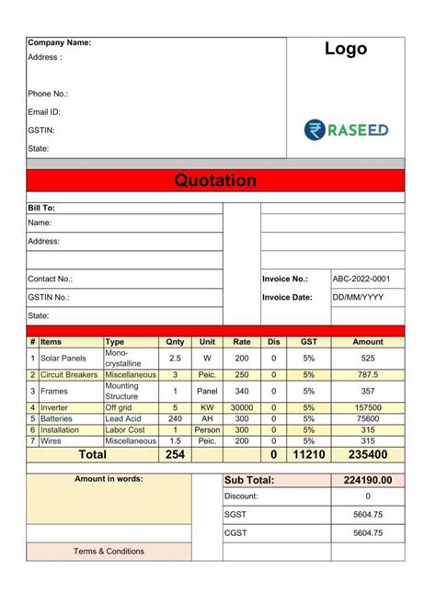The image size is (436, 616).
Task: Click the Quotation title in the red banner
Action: pyautogui.click(x=215, y=180)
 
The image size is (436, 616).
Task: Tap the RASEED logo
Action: pyautogui.click(x=346, y=130)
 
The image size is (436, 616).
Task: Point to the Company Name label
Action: pyautogui.click(x=59, y=43)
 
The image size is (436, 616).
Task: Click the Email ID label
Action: pyautogui.click(x=44, y=111)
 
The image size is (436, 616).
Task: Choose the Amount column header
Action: pyautogui.click(x=367, y=341)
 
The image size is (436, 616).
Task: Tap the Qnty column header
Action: pyautogui.click(x=175, y=341)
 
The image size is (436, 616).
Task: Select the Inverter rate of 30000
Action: pyautogui.click(x=242, y=406)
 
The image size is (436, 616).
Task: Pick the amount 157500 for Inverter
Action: pyautogui.click(x=367, y=406)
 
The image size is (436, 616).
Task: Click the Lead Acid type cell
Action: pyautogui.click(x=124, y=418)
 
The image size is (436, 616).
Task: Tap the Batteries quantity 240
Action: pyautogui.click(x=175, y=418)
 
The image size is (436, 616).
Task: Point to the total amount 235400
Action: pyautogui.click(x=367, y=454)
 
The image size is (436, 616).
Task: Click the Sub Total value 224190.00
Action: pyautogui.click(x=367, y=480)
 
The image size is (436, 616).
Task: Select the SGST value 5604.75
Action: pyautogui.click(x=367, y=515)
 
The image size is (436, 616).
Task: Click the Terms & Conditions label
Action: pyautogui.click(x=109, y=551)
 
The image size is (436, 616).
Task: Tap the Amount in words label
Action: pyautogui.click(x=109, y=479)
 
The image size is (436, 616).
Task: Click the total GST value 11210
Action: pyautogui.click(x=309, y=454)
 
